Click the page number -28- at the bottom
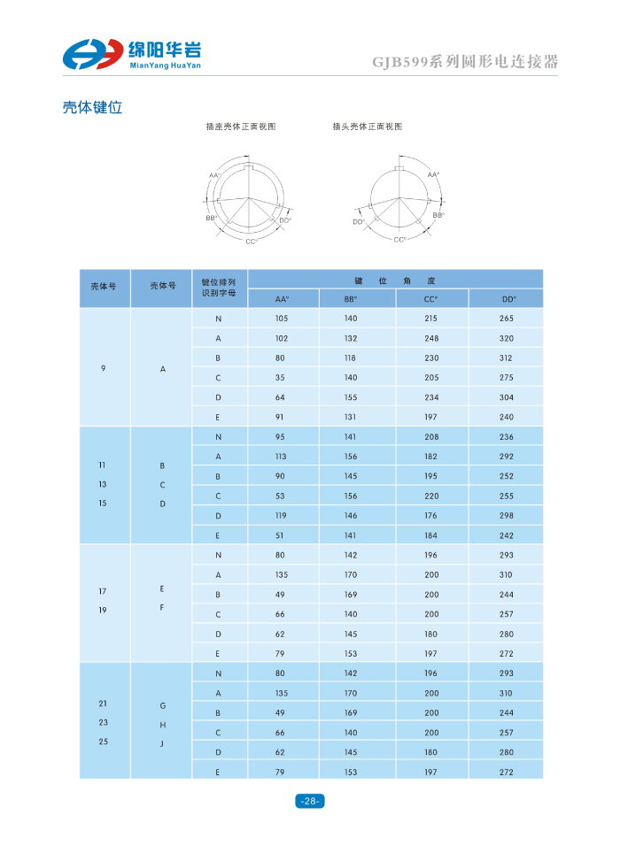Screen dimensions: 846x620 tap(309, 801)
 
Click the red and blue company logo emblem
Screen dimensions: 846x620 tap(91, 54)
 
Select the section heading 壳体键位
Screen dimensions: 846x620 tap(91, 108)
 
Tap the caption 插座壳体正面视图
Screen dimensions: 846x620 tap(241, 127)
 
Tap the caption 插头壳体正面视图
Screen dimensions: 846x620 tap(367, 127)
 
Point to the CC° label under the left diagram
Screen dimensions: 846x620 tap(252, 241)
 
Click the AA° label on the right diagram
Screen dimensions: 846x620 tap(433, 175)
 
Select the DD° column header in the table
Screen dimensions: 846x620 tap(508, 298)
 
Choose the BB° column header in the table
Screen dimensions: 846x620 tap(351, 298)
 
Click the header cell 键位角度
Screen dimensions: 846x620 tap(394, 280)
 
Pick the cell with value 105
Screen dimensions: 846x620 tap(282, 319)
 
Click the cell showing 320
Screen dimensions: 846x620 tap(507, 338)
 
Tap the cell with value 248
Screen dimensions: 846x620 tap(430, 338)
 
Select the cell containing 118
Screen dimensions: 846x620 tap(351, 358)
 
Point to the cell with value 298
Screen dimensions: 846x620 tap(507, 515)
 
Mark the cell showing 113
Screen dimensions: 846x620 tap(282, 457)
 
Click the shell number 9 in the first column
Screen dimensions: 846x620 tap(104, 367)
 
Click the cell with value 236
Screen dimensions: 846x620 tap(507, 436)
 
